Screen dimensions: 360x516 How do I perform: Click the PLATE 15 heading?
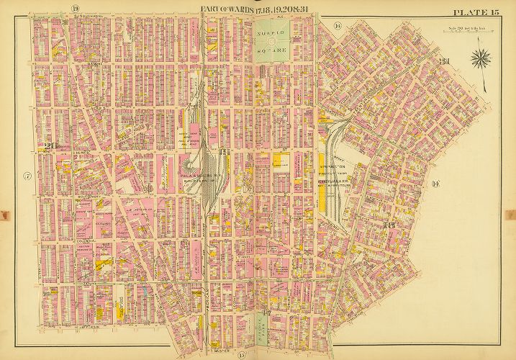[476, 12]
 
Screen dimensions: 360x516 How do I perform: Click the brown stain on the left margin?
[4, 215]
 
